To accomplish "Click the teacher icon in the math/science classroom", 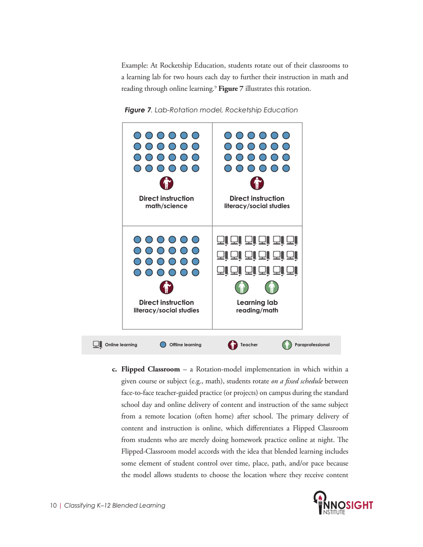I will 167,182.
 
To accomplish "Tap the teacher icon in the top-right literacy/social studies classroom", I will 257,182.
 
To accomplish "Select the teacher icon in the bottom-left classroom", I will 167,287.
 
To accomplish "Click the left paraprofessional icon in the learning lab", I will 241,288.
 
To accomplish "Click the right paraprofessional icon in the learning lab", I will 272,288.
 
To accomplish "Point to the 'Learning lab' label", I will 257,302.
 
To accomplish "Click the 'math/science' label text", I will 167,206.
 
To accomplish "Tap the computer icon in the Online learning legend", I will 97,345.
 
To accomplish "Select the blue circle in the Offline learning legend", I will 163,345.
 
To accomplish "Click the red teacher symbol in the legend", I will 233,345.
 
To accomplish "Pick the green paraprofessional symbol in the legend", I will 288,345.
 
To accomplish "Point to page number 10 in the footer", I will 53,506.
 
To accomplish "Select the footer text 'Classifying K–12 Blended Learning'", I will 115,506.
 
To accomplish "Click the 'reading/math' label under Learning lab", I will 257,310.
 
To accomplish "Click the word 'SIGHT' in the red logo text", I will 358,506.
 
